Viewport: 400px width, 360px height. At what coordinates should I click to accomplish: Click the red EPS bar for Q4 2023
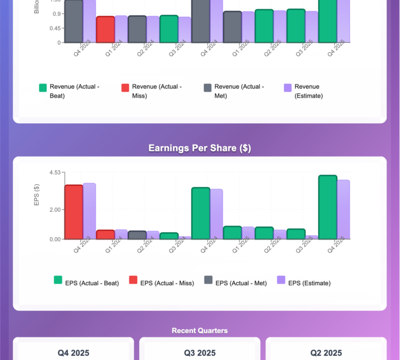coord(74,212)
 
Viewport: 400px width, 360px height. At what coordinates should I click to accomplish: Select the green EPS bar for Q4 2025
coord(327,207)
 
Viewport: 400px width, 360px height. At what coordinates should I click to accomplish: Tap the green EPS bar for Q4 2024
coord(201,213)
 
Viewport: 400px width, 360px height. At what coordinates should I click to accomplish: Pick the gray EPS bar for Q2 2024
coord(137,235)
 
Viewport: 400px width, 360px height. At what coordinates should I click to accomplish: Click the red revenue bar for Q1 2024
coord(105,29)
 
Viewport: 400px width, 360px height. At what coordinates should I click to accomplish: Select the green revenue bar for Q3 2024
coord(169,29)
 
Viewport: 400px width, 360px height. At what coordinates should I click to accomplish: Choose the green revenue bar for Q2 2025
coord(264,26)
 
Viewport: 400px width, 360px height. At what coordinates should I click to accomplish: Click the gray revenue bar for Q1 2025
coord(233,27)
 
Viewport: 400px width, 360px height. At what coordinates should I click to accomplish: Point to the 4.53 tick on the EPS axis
coord(54,172)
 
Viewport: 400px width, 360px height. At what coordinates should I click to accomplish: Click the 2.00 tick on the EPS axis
coord(54,210)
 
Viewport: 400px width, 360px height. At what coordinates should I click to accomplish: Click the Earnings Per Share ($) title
coord(199,148)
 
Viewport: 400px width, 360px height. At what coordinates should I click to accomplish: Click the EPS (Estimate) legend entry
coord(303,283)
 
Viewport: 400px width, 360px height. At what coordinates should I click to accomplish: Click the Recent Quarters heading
coord(199,331)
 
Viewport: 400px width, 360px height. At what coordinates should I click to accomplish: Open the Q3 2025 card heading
coord(199,353)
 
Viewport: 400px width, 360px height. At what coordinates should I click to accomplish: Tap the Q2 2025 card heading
coord(326,353)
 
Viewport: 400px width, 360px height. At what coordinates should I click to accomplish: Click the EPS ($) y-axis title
coord(37,195)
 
